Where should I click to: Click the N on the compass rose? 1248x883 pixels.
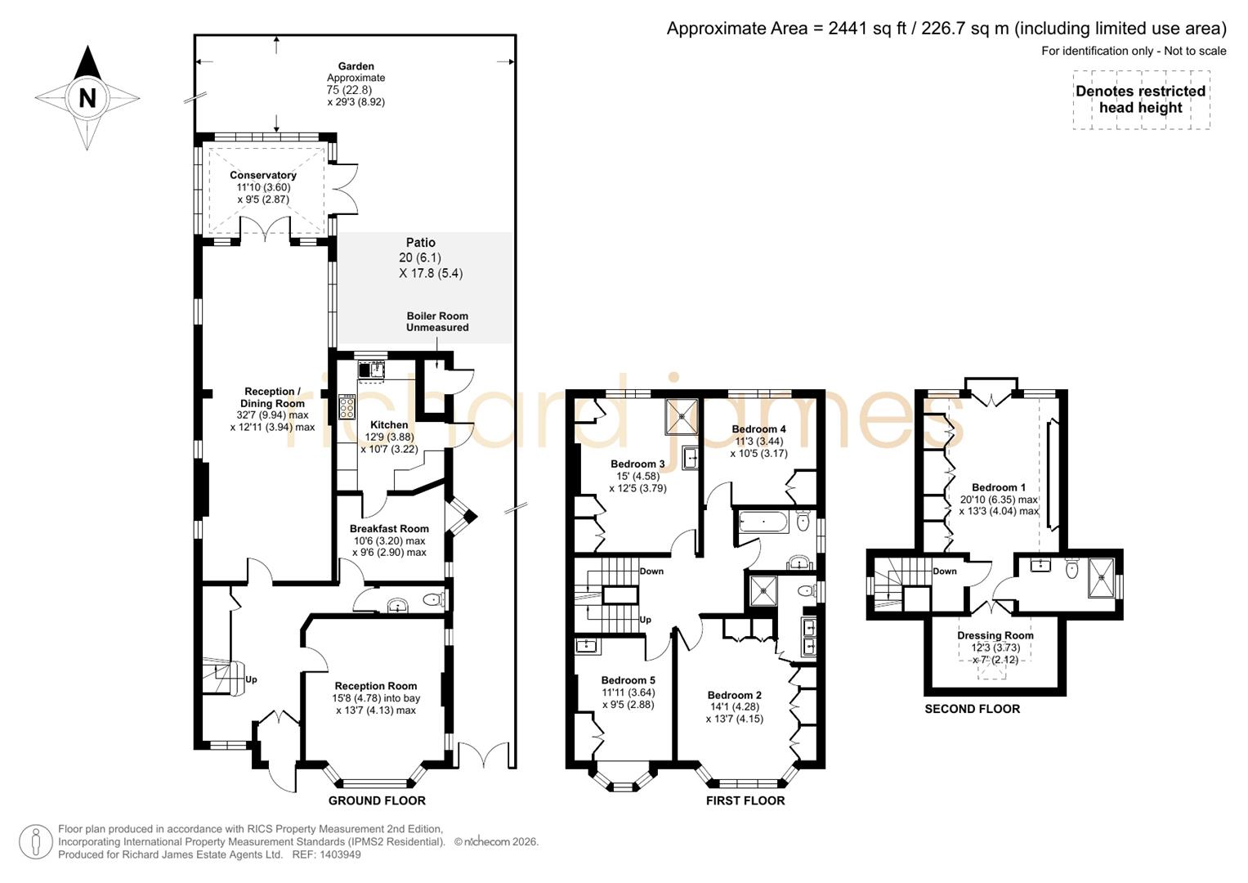(87, 98)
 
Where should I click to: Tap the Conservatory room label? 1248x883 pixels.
(262, 175)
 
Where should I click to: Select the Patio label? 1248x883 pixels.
(421, 243)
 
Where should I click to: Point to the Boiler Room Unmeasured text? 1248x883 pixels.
(437, 321)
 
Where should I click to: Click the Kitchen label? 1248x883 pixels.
(389, 424)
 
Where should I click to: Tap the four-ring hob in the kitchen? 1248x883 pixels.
(347, 406)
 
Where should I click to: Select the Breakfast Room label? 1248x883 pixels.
(389, 528)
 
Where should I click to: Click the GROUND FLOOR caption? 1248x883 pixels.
(377, 800)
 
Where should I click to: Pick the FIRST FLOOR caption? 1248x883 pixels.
(745, 800)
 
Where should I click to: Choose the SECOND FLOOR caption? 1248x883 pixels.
(972, 709)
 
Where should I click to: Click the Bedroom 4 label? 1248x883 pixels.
(758, 428)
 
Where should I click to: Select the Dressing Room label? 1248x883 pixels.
(995, 635)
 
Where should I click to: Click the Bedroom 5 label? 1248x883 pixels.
(628, 680)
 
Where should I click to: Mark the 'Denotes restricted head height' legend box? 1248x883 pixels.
(1140, 100)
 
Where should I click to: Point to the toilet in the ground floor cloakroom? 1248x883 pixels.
(433, 601)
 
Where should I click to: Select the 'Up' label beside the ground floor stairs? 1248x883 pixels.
(251, 679)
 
